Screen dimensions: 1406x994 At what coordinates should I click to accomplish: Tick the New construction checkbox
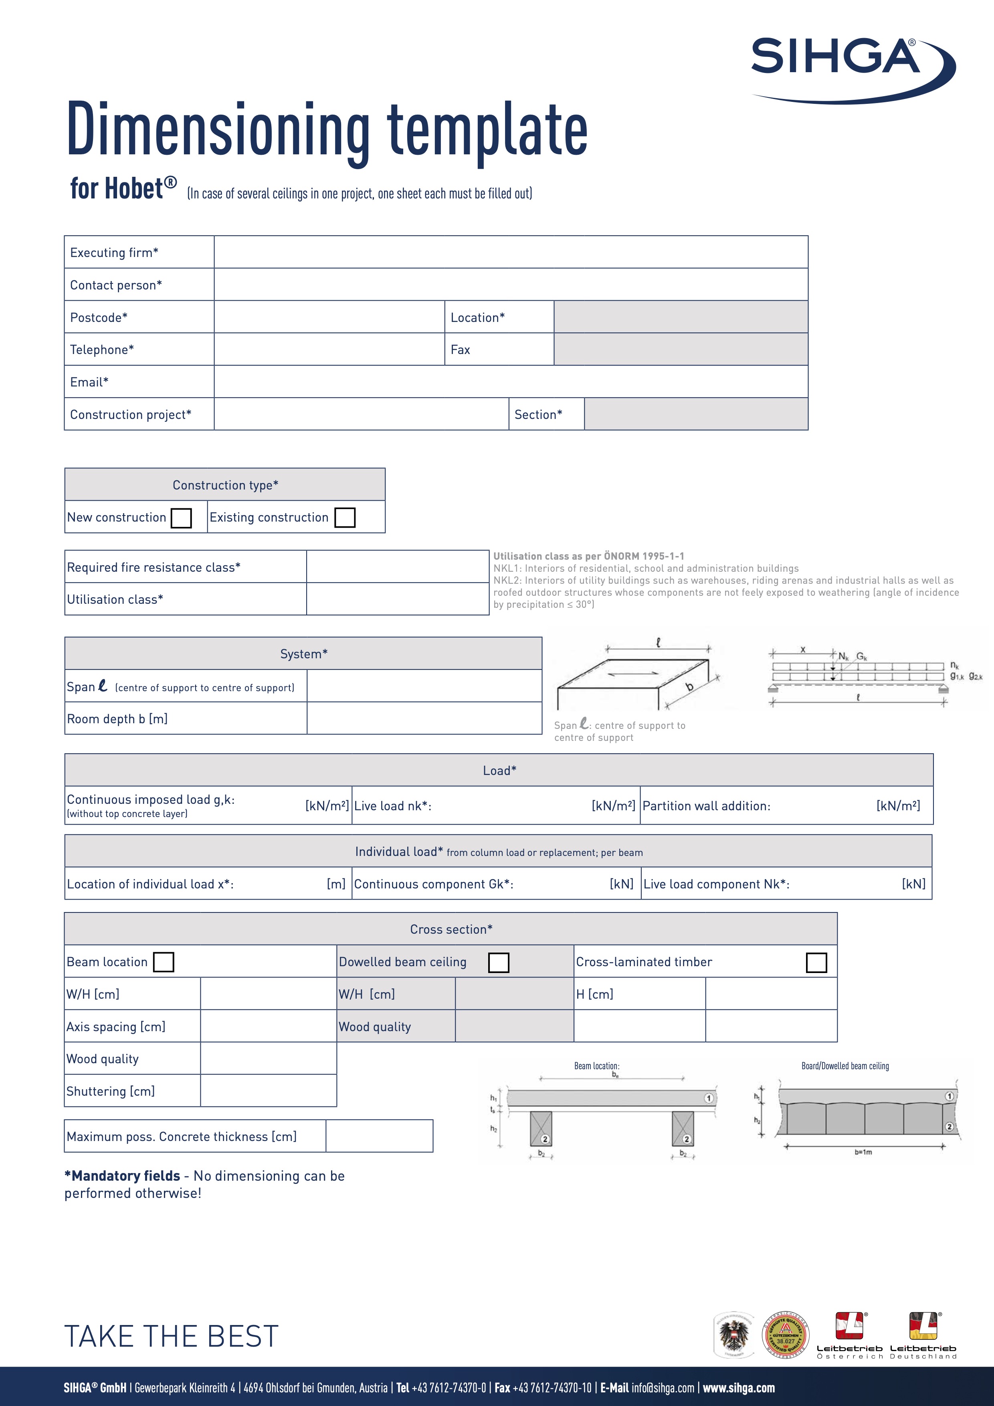[181, 518]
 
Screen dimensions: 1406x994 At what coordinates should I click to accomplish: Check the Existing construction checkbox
[345, 518]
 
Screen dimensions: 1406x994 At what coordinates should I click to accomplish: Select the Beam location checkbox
[164, 962]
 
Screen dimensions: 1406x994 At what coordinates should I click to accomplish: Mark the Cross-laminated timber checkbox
[816, 963]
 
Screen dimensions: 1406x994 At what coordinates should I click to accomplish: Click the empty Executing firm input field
[511, 252]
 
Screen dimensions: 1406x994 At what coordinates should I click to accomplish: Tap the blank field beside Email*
[511, 382]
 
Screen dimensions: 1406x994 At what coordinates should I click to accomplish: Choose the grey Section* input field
[696, 415]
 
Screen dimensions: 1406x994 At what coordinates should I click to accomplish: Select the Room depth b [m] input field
[424, 718]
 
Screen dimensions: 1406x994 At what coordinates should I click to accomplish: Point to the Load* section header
[499, 771]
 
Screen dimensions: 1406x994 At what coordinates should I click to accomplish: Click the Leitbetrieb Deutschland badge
[923, 1335]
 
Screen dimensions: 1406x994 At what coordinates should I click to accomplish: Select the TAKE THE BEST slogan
[172, 1336]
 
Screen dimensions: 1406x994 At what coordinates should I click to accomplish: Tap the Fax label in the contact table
[460, 350]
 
